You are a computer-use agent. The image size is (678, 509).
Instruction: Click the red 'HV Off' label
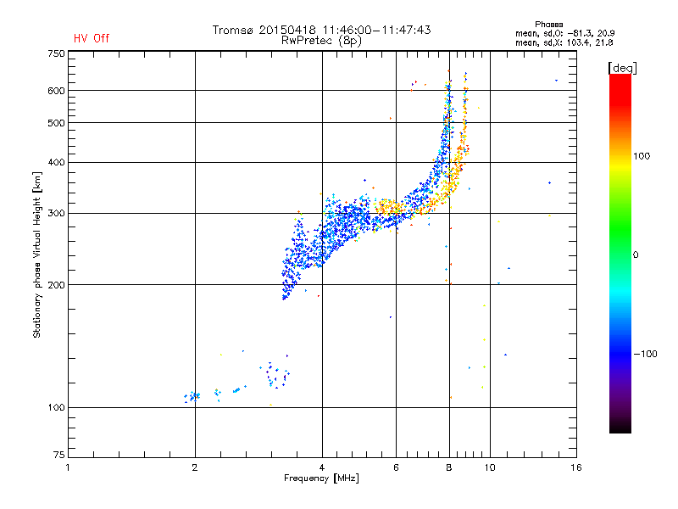[x=91, y=38]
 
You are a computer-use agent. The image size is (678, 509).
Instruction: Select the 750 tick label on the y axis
[x=56, y=53]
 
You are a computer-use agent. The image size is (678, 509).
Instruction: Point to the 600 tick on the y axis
[x=56, y=91]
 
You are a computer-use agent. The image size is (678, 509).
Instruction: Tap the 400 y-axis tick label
[x=56, y=162]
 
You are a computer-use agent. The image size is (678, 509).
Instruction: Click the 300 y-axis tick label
[x=56, y=213]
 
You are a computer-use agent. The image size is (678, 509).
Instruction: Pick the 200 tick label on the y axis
[x=56, y=284]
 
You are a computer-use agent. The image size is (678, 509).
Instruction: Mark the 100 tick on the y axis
[x=56, y=407]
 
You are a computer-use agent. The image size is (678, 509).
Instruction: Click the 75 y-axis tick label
[x=58, y=458]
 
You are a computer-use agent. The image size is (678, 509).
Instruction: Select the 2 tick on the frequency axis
[x=195, y=467]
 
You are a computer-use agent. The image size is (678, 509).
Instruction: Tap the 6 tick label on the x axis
[x=397, y=467]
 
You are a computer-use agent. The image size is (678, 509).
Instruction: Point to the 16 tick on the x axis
[x=575, y=467]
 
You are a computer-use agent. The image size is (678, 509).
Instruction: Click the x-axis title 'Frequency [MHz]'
[x=321, y=479]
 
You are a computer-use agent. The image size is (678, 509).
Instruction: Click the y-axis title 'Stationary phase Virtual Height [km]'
[x=37, y=255]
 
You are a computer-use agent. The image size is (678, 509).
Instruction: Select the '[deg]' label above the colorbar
[x=622, y=67]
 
